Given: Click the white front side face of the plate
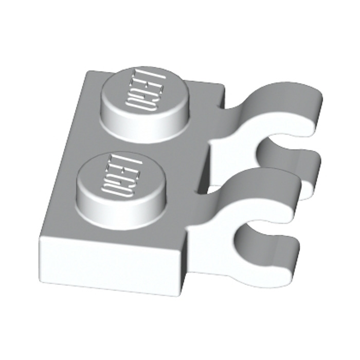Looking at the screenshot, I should (x=113, y=267).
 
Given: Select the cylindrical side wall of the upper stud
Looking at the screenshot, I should (x=129, y=129).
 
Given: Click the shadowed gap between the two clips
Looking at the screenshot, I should (x=216, y=170).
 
